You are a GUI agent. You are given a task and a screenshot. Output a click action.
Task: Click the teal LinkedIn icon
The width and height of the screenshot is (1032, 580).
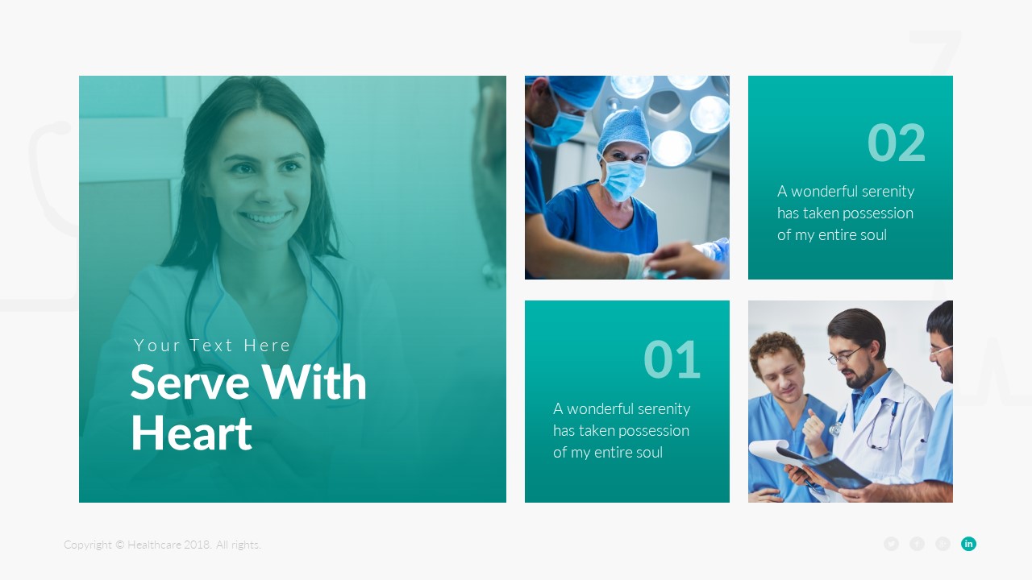(968, 544)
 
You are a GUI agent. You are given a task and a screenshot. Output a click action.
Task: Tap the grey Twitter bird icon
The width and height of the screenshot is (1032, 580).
(891, 544)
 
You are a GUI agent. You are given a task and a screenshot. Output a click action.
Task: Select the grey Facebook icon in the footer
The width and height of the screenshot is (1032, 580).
(917, 544)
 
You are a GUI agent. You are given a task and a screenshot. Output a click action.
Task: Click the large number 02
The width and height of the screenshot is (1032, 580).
(896, 143)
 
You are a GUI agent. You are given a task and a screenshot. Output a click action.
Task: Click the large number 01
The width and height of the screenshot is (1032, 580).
(672, 360)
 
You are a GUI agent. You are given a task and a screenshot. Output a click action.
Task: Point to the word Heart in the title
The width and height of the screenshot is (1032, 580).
(191, 433)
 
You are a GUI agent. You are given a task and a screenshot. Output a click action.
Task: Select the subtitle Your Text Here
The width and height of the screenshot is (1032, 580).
(212, 346)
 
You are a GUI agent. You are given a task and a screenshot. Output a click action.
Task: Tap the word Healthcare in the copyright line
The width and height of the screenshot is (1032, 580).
(154, 545)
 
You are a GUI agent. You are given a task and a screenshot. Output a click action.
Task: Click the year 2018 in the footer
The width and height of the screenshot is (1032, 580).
(197, 545)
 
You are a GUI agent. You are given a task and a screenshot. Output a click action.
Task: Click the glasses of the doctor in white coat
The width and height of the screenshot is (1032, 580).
(844, 355)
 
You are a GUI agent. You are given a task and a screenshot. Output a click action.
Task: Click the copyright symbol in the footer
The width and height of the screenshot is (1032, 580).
(120, 545)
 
